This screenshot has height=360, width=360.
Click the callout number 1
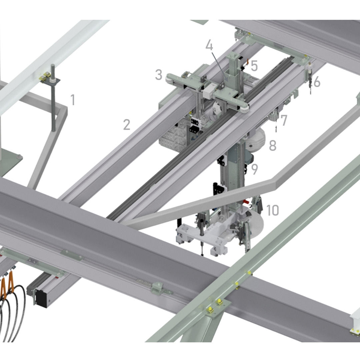tap(73, 100)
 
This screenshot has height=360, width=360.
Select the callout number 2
tap(127, 125)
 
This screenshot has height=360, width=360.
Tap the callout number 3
tap(159, 75)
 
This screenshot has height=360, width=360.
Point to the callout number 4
tap(209, 45)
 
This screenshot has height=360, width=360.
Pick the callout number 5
tap(254, 66)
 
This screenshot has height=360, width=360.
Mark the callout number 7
tap(284, 120)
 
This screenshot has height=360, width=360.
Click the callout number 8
tap(273, 145)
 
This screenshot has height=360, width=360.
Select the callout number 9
tap(255, 169)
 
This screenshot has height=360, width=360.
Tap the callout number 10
tap(273, 210)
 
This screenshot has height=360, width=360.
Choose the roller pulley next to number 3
tap(169, 78)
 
